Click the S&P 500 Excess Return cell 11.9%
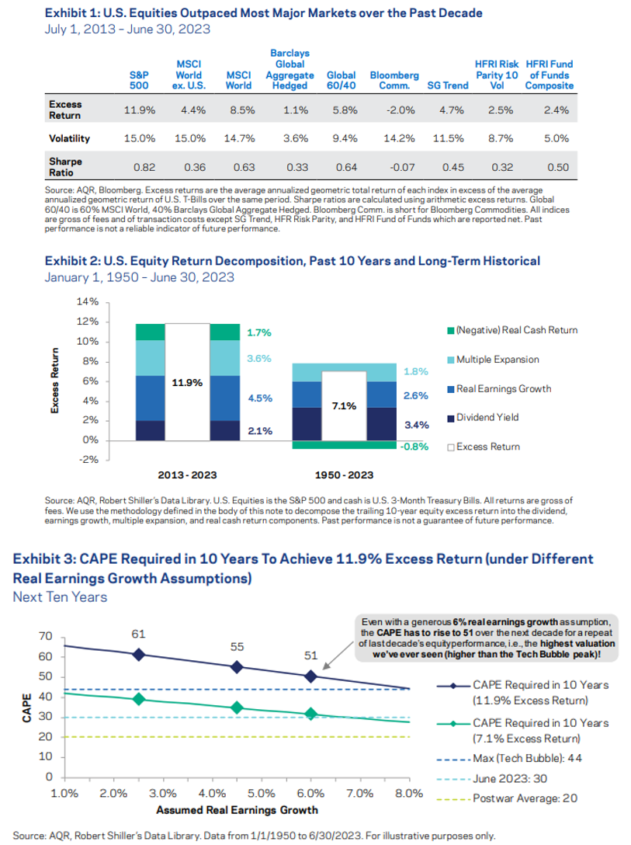(140, 110)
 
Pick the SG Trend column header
(448, 85)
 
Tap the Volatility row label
(69, 139)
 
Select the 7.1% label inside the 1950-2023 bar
(343, 405)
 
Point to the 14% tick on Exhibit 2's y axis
(88, 301)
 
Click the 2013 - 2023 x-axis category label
(187, 475)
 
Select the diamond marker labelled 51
(311, 676)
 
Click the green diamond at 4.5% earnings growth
(237, 708)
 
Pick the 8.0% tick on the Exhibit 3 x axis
(408, 794)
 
